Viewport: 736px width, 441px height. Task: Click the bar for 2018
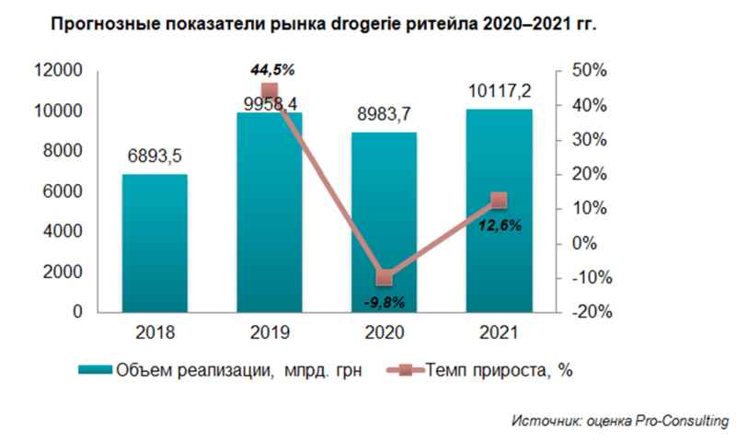[155, 243]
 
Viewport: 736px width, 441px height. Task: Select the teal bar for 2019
[270, 213]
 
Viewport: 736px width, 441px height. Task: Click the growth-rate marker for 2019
[270, 90]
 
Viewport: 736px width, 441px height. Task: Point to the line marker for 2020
[385, 277]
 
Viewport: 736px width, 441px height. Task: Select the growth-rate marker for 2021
[499, 200]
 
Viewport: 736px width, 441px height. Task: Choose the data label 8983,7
[385, 114]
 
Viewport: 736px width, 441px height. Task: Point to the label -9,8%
[385, 300]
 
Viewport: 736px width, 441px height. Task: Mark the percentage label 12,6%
[500, 224]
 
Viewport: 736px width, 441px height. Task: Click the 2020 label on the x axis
[385, 332]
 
